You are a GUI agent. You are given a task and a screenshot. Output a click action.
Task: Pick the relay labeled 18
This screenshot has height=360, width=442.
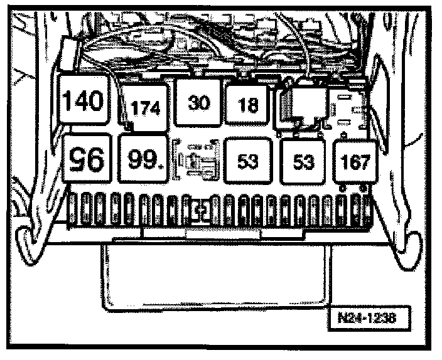pos(249,104)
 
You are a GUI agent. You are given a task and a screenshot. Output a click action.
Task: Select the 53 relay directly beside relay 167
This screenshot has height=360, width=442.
pos(303,161)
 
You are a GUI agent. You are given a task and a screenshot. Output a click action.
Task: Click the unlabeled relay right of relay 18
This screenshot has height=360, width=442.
pos(304,103)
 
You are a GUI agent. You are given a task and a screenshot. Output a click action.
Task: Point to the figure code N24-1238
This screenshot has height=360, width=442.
pos(370,317)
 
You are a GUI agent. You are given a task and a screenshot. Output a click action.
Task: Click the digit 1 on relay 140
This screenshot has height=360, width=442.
pos(71,101)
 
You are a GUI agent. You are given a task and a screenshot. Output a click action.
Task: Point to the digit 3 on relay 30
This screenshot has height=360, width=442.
pos(193,103)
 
